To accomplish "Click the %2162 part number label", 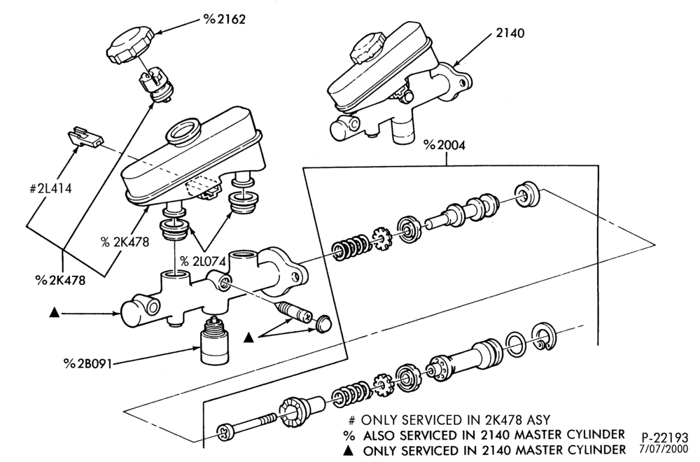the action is point(225,19).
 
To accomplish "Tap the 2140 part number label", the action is point(510,34).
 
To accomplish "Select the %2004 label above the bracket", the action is point(444,146).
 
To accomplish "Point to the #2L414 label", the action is point(50,189).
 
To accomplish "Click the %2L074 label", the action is point(203,261).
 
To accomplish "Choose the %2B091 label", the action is point(87,364).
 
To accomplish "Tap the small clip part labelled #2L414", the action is point(85,136).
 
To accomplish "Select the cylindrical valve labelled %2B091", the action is point(215,340).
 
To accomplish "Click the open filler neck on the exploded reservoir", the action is point(182,131).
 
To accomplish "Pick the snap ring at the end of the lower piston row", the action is point(543,335).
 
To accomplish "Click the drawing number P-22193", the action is point(665,437).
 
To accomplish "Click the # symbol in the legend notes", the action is point(352,421).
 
